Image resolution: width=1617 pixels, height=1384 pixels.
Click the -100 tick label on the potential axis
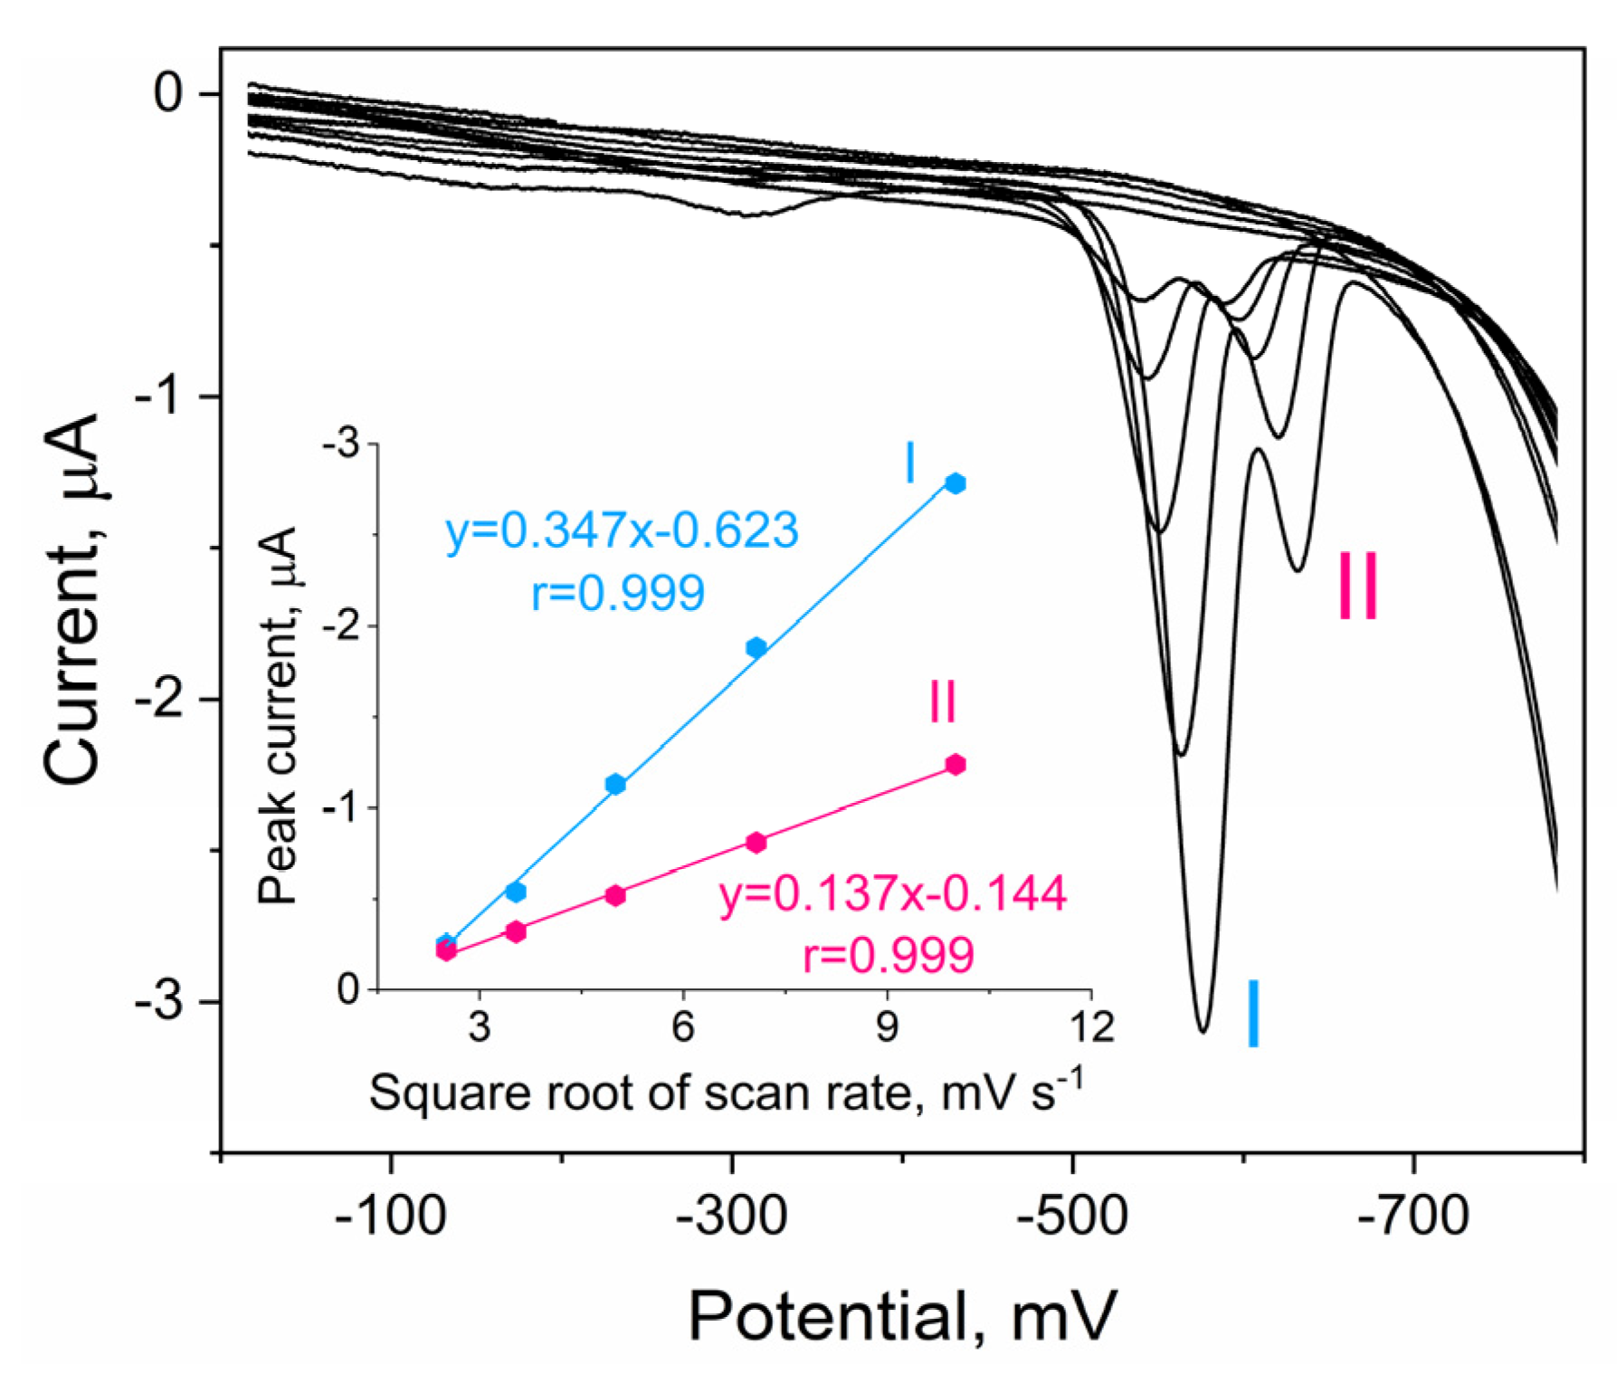click(x=390, y=1216)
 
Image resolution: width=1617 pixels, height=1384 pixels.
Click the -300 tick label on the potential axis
click(x=731, y=1216)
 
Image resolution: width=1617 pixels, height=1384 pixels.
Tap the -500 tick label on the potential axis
click(x=1072, y=1216)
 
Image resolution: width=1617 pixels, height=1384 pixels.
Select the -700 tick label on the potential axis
click(x=1413, y=1216)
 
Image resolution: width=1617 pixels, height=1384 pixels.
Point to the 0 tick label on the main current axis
click(x=168, y=92)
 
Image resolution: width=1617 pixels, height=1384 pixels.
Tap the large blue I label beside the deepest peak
click(x=1252, y=1014)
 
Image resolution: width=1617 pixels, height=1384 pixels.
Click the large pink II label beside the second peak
click(x=1357, y=587)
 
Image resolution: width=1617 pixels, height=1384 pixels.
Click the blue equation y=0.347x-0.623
click(x=622, y=530)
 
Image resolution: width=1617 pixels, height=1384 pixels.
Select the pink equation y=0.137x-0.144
click(x=892, y=894)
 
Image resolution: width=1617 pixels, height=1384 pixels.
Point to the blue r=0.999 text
click(x=617, y=594)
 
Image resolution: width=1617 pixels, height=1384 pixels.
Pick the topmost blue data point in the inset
click(x=955, y=482)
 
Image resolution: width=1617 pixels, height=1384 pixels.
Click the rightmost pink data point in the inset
click(x=955, y=765)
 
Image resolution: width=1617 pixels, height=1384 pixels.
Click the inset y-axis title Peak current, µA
click(x=278, y=715)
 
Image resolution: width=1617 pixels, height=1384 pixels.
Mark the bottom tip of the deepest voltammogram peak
click(x=1203, y=1031)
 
